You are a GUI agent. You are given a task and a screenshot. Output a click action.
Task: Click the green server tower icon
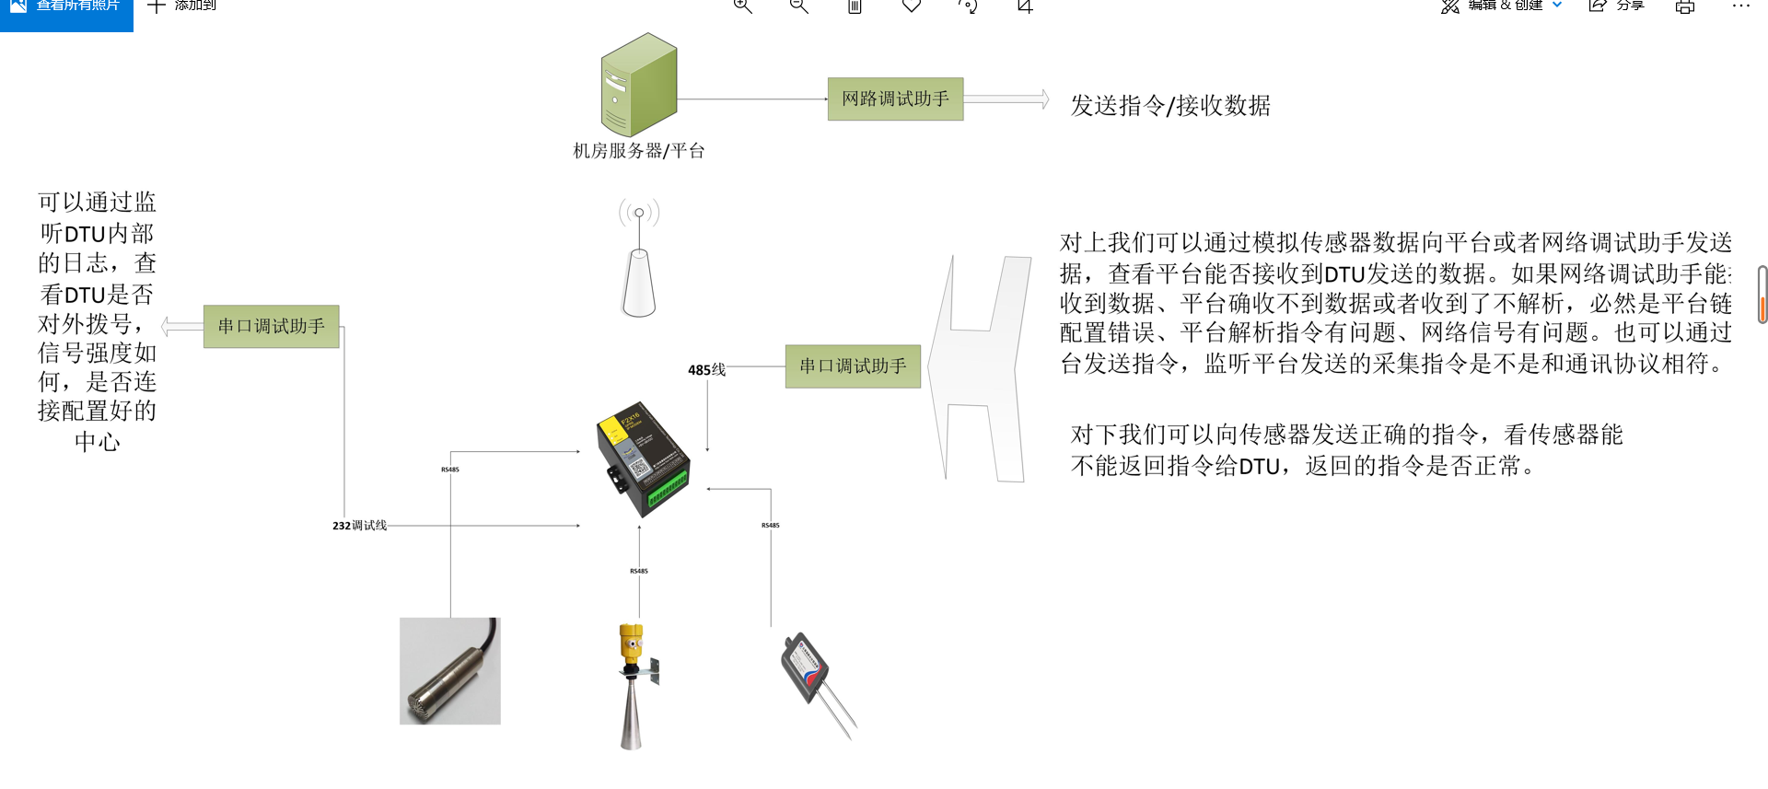(639, 85)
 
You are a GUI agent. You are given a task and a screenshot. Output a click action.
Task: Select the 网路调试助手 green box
(895, 99)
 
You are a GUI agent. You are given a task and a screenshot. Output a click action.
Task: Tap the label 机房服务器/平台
(639, 151)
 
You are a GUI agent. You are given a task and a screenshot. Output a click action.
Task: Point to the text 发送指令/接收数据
(1170, 106)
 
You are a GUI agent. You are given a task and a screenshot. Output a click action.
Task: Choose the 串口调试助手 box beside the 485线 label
(853, 366)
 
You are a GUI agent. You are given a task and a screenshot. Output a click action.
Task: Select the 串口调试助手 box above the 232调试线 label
(271, 326)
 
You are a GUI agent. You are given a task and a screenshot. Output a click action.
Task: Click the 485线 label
(706, 370)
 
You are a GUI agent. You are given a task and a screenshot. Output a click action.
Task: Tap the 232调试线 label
(360, 526)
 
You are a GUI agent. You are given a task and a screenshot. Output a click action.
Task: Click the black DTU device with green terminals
(642, 457)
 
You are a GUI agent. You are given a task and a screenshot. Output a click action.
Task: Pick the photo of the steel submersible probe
(450, 671)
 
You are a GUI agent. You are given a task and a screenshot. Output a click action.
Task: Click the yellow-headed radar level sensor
(633, 685)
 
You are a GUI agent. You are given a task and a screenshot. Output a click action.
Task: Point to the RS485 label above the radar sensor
(639, 571)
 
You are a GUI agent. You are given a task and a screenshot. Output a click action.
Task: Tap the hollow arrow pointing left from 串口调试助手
(181, 326)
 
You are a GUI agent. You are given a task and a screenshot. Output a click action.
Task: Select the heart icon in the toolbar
(912, 6)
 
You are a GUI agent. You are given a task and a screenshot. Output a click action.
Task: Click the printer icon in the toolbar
(1685, 6)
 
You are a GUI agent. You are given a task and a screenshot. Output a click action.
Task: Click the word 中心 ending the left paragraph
(98, 442)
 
